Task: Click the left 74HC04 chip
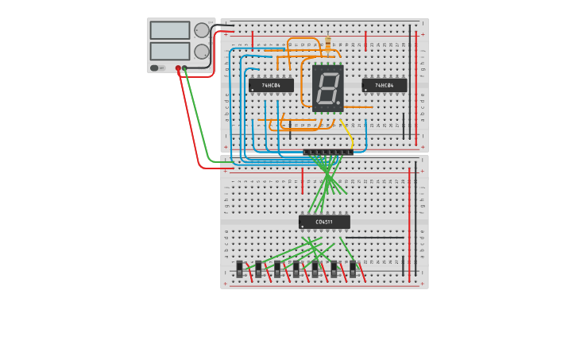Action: tap(271, 85)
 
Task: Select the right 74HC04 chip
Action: tap(385, 85)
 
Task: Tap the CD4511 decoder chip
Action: tap(324, 222)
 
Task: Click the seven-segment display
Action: tap(327, 87)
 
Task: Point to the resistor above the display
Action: tap(327, 44)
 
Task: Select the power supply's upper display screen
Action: tap(170, 30)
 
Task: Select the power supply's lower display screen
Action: tap(170, 51)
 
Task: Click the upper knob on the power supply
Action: tap(202, 30)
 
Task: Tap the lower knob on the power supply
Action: tap(202, 52)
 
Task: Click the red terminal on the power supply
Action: tap(178, 68)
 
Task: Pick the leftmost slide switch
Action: tap(239, 269)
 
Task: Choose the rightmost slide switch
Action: tap(353, 269)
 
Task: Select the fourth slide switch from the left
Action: tap(296, 269)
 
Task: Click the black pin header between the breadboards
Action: tap(328, 152)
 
